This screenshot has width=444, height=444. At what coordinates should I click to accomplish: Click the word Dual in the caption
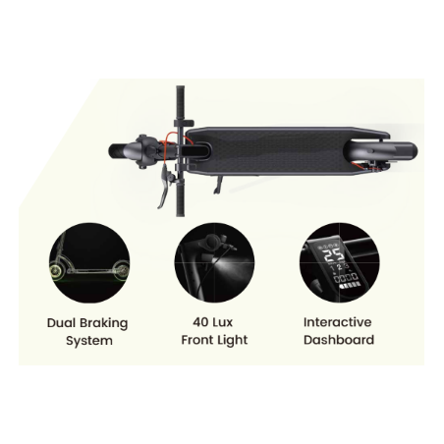(61, 323)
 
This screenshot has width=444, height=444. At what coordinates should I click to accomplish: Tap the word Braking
(103, 323)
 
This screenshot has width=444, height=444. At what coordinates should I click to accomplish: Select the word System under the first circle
(89, 341)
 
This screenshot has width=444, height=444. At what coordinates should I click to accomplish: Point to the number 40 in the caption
(200, 322)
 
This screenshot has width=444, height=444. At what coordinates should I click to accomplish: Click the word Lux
(222, 322)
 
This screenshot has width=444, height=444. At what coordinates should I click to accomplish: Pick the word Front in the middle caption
(197, 340)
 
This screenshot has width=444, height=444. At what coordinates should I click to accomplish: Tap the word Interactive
(337, 322)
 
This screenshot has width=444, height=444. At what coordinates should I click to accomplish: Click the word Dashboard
(339, 340)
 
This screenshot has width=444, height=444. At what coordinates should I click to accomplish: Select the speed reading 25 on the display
(334, 255)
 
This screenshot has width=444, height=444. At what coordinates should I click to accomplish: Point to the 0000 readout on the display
(346, 279)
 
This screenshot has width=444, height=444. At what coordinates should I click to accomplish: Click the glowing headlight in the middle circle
(217, 262)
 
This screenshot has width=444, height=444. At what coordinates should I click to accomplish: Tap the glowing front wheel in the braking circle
(57, 271)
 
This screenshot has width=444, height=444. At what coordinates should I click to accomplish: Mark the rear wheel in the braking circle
(122, 270)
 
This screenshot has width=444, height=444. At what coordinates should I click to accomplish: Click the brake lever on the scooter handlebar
(164, 187)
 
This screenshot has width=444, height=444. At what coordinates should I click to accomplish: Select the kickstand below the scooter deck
(219, 185)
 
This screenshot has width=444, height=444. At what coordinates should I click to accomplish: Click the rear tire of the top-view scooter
(406, 150)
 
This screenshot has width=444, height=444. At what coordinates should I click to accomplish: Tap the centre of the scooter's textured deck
(278, 151)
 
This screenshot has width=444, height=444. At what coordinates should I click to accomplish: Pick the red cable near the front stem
(170, 144)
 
